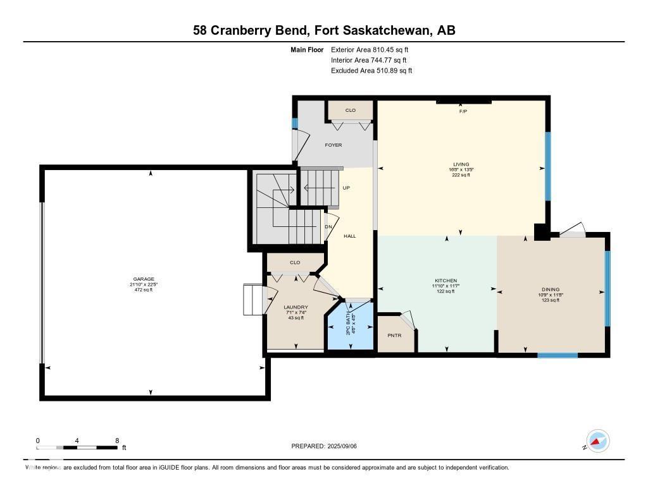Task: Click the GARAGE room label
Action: click(144, 279)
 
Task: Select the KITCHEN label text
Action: click(445, 281)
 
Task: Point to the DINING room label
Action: click(550, 290)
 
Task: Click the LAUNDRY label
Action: click(296, 307)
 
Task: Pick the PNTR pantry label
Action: click(396, 335)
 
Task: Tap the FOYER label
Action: click(333, 145)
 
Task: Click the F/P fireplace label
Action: click(463, 111)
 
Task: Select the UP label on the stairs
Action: click(346, 188)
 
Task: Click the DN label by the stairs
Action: click(328, 227)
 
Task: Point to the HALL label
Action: click(349, 236)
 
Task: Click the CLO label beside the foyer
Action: click(350, 111)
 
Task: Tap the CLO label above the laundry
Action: click(295, 262)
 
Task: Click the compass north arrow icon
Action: click(597, 441)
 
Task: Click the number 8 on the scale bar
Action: click(116, 440)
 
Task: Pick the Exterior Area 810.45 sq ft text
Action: click(374, 49)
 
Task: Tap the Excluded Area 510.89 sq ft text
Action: click(371, 71)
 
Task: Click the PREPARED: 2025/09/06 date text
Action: click(328, 446)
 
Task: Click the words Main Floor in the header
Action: click(308, 49)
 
